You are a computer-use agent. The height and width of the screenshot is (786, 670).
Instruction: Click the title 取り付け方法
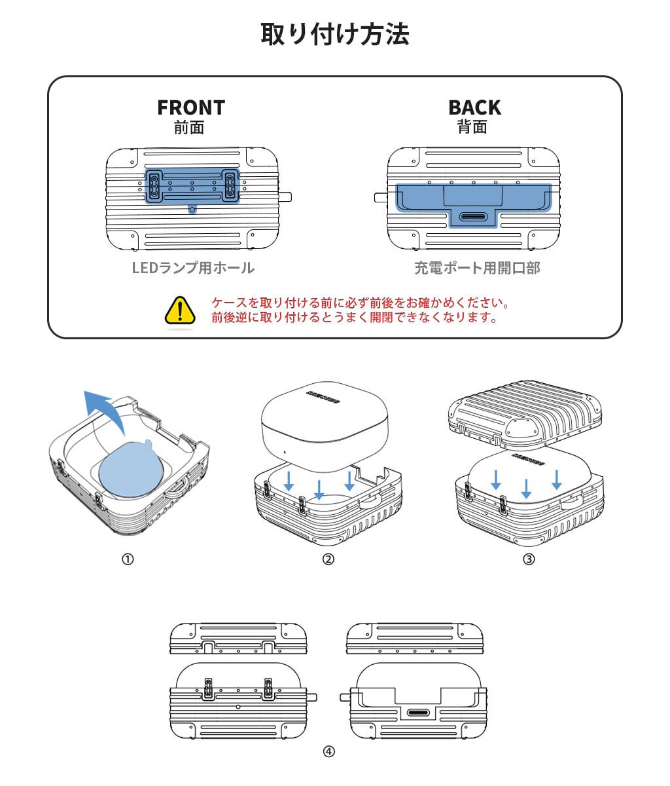(x=334, y=34)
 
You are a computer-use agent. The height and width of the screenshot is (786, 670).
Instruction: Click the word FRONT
(x=190, y=107)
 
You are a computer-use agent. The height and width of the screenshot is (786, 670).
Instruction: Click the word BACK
(x=474, y=107)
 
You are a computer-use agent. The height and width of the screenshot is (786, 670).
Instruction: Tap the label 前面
(x=189, y=127)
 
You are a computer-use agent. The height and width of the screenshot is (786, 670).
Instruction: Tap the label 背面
(x=472, y=127)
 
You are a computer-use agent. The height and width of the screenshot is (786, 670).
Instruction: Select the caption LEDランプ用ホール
(x=193, y=268)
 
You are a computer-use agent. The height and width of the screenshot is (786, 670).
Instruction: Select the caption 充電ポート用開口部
(x=477, y=268)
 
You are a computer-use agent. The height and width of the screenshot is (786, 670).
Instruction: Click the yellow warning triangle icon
(x=180, y=310)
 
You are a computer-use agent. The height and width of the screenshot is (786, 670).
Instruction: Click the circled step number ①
(x=128, y=559)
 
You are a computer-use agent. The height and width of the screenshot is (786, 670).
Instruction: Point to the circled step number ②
(x=328, y=559)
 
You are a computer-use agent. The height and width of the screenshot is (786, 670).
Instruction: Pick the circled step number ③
(x=529, y=559)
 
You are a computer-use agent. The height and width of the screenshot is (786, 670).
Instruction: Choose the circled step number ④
(x=328, y=751)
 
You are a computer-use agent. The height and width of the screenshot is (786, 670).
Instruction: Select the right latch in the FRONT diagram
(x=230, y=185)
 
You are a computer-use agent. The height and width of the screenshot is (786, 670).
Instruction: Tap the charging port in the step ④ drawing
(x=419, y=713)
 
